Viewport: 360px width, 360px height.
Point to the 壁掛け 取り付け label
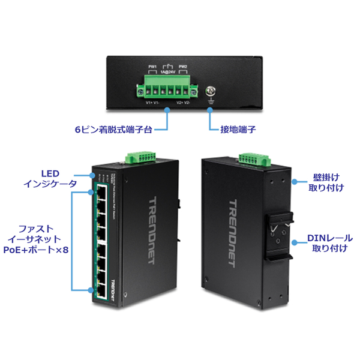(325, 182)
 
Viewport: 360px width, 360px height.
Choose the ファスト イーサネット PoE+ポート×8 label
(36, 239)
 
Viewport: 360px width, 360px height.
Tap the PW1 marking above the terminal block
(153, 66)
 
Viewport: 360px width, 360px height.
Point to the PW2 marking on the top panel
(183, 66)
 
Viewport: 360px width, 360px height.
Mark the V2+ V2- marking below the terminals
(184, 103)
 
